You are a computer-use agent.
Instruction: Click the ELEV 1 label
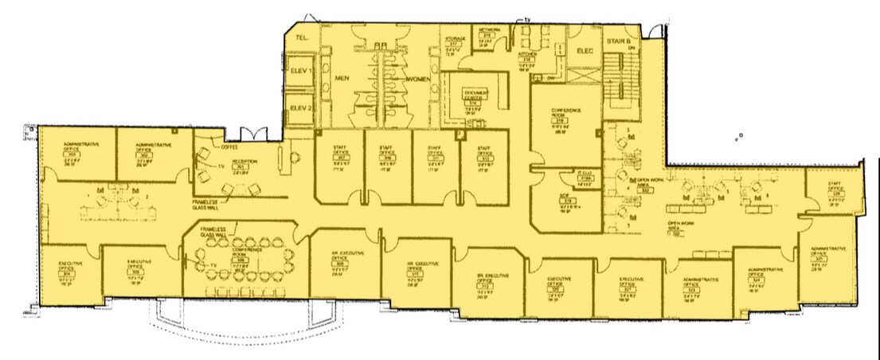[301, 70]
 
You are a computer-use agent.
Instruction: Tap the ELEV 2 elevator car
[301, 108]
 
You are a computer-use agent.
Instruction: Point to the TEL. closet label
[302, 37]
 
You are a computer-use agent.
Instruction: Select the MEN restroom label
[343, 79]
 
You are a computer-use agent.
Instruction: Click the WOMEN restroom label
[420, 80]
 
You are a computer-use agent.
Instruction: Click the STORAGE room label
[455, 38]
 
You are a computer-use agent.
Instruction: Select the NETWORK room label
[489, 29]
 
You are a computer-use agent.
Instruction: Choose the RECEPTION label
[244, 162]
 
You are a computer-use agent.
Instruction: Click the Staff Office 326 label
[835, 188]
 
